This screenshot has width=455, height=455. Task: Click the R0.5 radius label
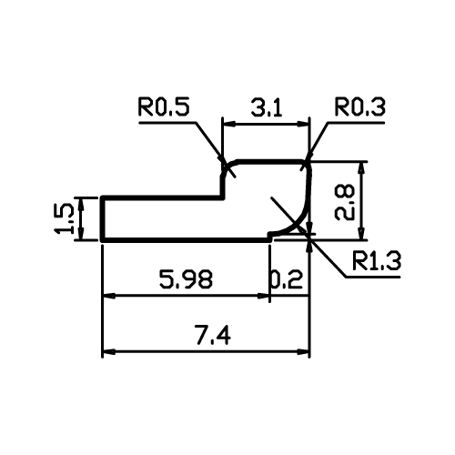pyautogui.click(x=164, y=106)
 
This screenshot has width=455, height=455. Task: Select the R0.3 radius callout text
pyautogui.click(x=359, y=106)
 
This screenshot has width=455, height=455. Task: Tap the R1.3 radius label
pyautogui.click(x=377, y=260)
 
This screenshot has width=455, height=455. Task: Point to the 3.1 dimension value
pyautogui.click(x=267, y=107)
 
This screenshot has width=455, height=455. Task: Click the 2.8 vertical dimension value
pyautogui.click(x=345, y=202)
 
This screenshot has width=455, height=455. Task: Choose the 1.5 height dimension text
pyautogui.click(x=64, y=218)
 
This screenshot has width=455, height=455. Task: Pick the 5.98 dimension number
pyautogui.click(x=186, y=279)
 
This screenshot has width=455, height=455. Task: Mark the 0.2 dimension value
pyautogui.click(x=287, y=279)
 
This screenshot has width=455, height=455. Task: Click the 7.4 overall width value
pyautogui.click(x=213, y=335)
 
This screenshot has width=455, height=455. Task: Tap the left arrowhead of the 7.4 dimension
pyautogui.click(x=109, y=352)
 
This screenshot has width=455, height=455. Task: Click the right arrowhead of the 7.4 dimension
pyautogui.click(x=303, y=352)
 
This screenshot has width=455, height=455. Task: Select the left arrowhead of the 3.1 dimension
pyautogui.click(x=229, y=124)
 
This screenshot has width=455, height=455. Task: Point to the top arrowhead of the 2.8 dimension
pyautogui.click(x=361, y=168)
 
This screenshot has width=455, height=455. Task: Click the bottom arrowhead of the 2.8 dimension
pyautogui.click(x=361, y=233)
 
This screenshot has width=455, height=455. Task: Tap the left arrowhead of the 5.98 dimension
pyautogui.click(x=109, y=295)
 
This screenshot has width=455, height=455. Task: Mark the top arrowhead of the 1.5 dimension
pyautogui.click(x=81, y=204)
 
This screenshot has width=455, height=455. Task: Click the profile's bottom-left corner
pyautogui.click(x=102, y=240)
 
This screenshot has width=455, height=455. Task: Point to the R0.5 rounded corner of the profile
pyautogui.click(x=227, y=167)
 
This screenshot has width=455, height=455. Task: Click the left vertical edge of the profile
pyautogui.click(x=102, y=218)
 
